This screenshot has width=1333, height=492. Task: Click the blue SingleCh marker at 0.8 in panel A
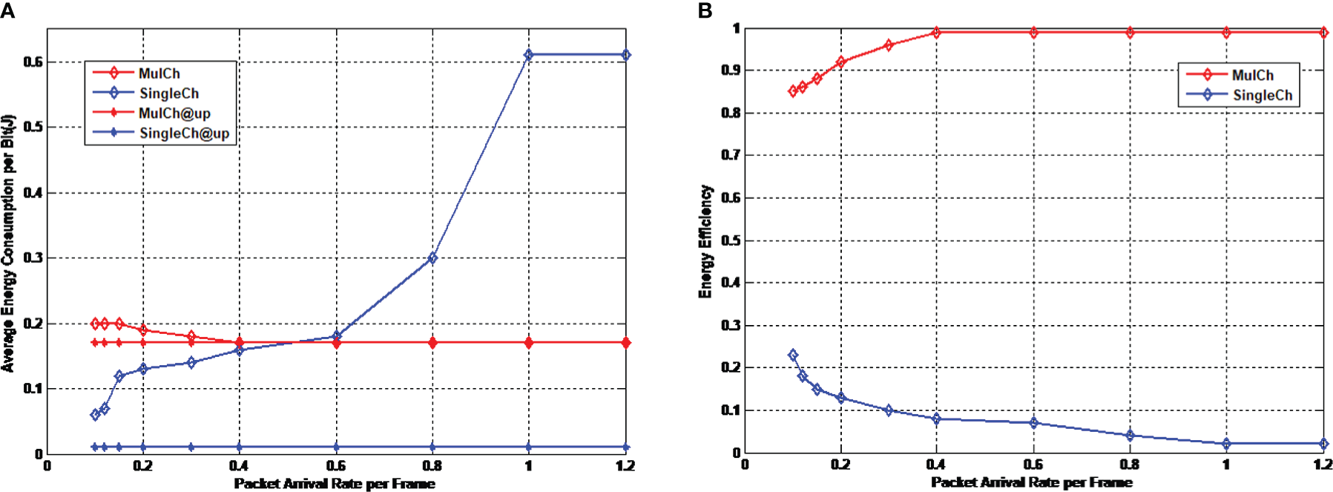pos(432,258)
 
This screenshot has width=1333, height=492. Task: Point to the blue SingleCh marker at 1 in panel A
pos(528,55)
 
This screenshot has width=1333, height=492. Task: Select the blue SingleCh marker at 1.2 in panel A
pos(625,55)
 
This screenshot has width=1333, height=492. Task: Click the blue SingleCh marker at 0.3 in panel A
pos(191,363)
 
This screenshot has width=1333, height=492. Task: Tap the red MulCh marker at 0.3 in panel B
pos(889,45)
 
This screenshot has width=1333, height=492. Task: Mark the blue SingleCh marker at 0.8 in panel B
pos(1130,436)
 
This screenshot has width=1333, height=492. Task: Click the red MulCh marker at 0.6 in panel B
pos(1033,33)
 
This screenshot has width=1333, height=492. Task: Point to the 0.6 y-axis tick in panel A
pos(33,62)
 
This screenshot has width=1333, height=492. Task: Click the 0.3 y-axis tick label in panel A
pos(33,258)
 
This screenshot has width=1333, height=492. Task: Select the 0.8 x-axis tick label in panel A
pos(432,466)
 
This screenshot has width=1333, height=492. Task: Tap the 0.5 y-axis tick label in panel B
pos(731,240)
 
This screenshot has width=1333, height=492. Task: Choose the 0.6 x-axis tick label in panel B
pos(1033,465)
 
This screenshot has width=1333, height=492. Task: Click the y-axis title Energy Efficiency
pos(705,241)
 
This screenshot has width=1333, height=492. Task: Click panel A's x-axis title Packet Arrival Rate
pos(335,484)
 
